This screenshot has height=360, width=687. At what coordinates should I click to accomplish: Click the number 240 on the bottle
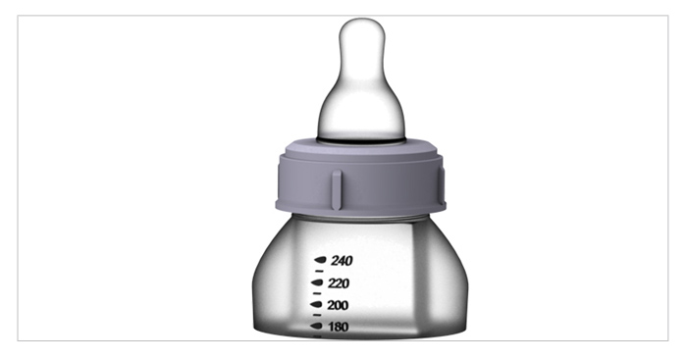coord(342,261)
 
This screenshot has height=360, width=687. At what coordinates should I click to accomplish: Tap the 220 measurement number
coord(339,283)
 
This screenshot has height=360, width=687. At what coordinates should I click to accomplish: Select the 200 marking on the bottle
coord(338,305)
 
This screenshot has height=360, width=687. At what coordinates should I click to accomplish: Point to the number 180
coord(338,327)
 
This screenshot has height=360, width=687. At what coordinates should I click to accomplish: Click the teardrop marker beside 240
coord(320,260)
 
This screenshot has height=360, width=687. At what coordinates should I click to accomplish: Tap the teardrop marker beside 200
coord(316,304)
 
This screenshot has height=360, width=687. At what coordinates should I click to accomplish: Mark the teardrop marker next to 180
coord(316,326)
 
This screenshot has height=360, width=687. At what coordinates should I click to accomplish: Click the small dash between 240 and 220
coord(319,272)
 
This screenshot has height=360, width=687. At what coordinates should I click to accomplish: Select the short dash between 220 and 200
coord(317,293)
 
